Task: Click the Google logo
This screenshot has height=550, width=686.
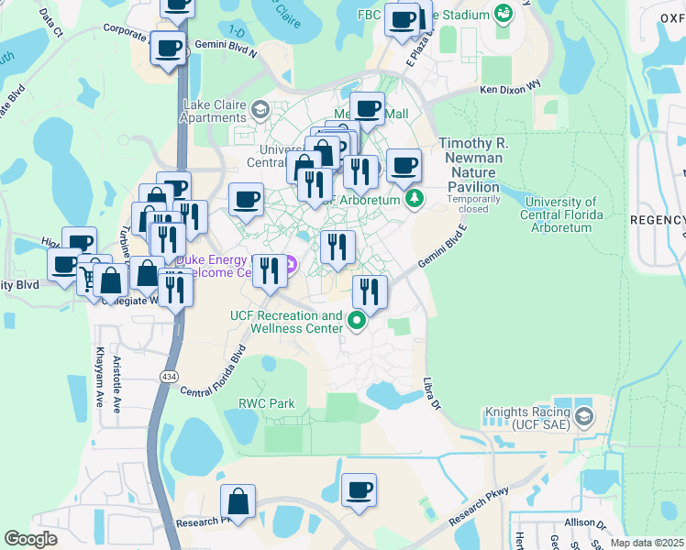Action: [x=31, y=539]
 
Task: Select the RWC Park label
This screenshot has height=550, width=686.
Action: [x=267, y=403]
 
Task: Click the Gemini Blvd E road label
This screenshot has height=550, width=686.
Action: [x=437, y=248]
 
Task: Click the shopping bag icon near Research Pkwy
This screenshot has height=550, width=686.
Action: [x=238, y=503]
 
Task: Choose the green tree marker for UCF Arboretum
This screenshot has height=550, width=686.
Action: [x=415, y=199]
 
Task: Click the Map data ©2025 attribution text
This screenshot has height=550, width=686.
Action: [x=647, y=543]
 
